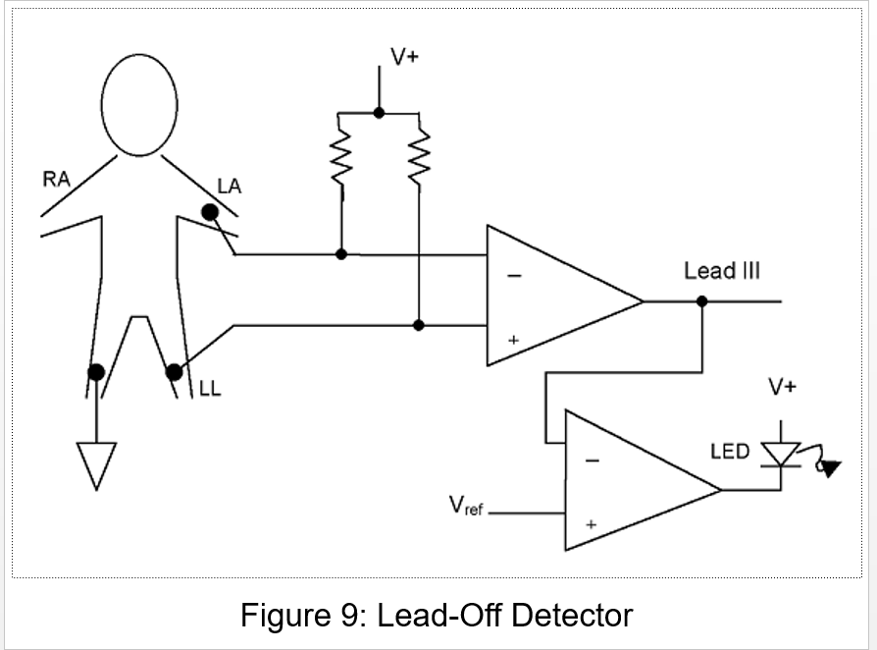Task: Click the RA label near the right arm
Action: [x=56, y=180]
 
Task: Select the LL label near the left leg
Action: [x=210, y=390]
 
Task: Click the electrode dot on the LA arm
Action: [x=210, y=212]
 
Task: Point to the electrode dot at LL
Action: [x=174, y=372]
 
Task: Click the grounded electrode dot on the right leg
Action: [x=96, y=371]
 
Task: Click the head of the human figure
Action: [x=139, y=103]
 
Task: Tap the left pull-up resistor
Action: [x=340, y=157]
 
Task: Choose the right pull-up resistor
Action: [x=419, y=157]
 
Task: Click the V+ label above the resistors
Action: [x=404, y=57]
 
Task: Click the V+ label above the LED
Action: [x=782, y=387]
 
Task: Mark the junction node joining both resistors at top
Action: [x=380, y=113]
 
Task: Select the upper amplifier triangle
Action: [x=554, y=296]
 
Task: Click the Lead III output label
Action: [x=722, y=271]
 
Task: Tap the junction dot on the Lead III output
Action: [x=701, y=301]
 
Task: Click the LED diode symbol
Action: [x=782, y=453]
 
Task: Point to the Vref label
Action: [x=466, y=507]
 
